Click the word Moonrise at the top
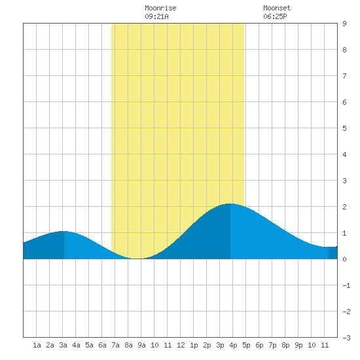point(160,8)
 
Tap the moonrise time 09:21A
point(156,16)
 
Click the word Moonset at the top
point(277,8)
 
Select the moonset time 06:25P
point(275,16)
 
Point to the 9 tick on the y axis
point(344,24)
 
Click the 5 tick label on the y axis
point(344,128)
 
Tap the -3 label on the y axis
point(346,338)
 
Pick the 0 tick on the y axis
point(344,259)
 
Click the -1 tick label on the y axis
point(346,285)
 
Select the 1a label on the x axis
point(37,345)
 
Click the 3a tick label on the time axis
point(63,345)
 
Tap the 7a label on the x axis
point(115,345)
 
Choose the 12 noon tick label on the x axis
point(181,345)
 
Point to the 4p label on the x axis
point(233,345)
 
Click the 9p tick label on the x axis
point(298,345)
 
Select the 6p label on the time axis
point(259,345)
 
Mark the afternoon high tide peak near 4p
point(230,204)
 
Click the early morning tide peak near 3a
point(64,231)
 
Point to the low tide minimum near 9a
point(137,259)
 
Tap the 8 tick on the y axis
point(344,50)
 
